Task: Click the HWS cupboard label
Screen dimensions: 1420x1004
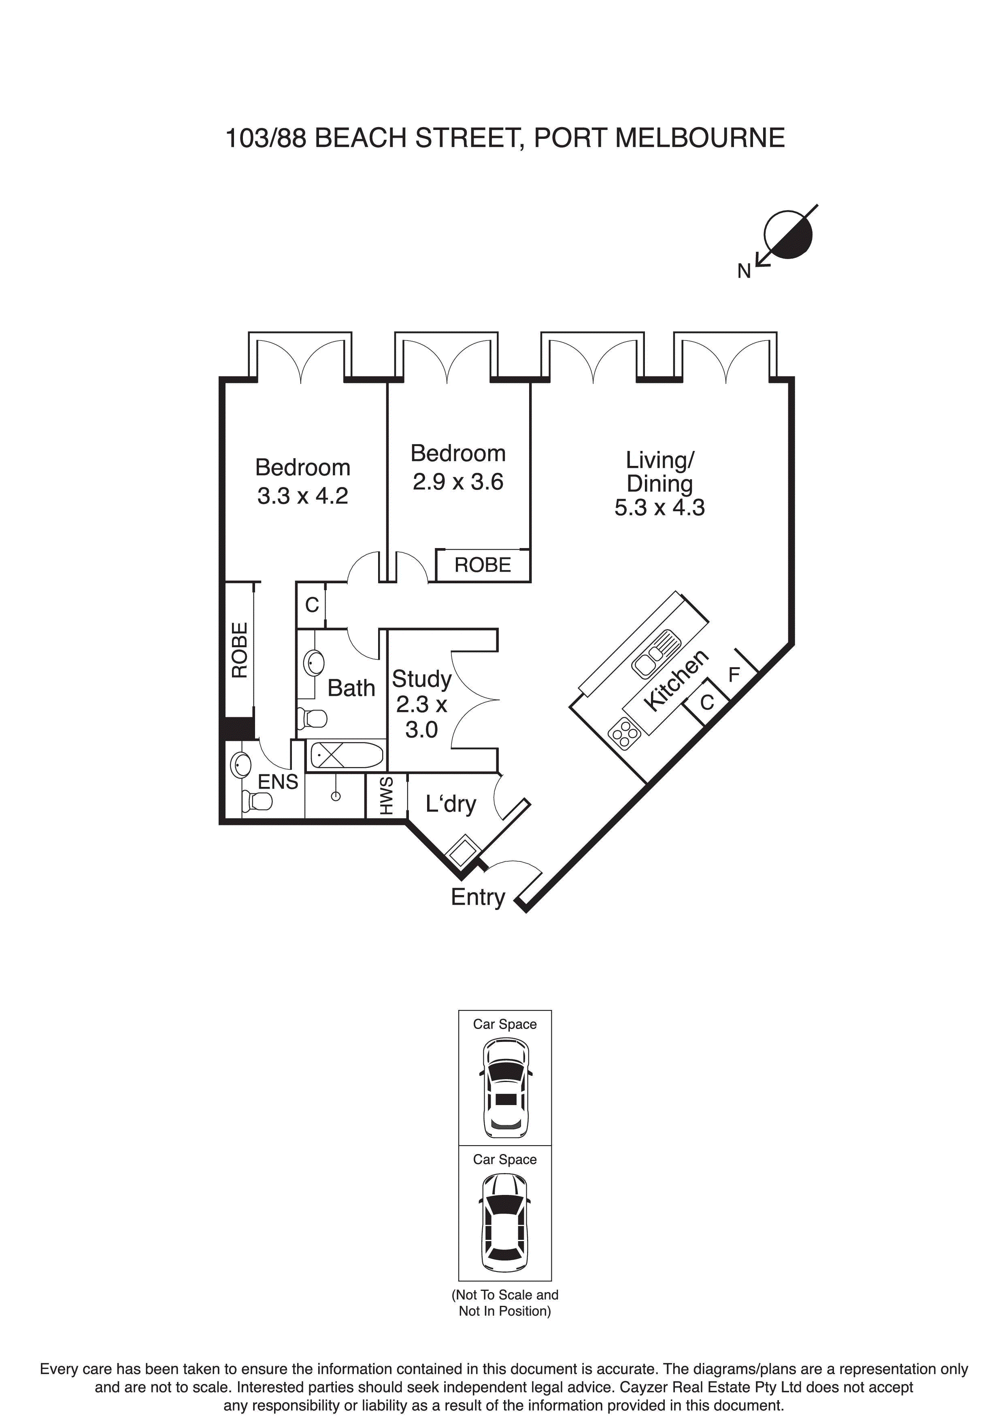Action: [386, 797]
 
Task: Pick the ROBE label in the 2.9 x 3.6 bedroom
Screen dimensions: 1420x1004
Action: [483, 565]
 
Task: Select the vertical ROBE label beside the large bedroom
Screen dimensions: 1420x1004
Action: [239, 650]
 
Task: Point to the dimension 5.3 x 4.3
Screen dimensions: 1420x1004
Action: [659, 508]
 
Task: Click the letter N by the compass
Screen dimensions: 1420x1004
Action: [744, 271]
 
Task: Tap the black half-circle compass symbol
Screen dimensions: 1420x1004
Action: [788, 234]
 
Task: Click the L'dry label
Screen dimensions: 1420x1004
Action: [450, 804]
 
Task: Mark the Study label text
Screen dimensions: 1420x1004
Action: [421, 679]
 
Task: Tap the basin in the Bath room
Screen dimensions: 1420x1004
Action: [314, 663]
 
